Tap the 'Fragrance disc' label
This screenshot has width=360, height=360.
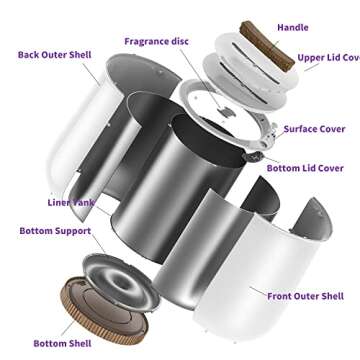(x=158, y=41)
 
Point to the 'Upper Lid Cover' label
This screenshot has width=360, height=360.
(x=327, y=59)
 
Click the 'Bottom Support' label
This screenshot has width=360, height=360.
(x=55, y=231)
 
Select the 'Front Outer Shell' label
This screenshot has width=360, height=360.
(x=305, y=296)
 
